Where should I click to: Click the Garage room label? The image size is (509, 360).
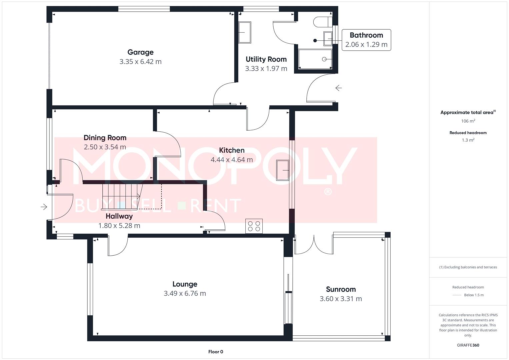coord(140,52)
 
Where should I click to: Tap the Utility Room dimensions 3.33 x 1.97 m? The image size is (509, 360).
coord(266,69)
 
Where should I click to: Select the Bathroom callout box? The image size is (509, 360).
coord(366,40)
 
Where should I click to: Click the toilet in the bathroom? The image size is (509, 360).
coord(321,22)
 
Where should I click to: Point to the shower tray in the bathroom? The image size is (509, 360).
coord(315,59)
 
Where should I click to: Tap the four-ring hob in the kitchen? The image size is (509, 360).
coord(254,226)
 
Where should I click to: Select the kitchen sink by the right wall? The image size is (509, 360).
coord(283,170)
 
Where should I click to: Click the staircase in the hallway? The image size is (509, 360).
coord(122,196)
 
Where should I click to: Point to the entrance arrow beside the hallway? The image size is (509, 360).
coord(44,207)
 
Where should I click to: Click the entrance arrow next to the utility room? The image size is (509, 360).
coord(339,88)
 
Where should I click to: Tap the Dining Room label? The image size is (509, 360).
coord(105,138)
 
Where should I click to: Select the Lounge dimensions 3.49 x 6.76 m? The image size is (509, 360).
coord(185,294)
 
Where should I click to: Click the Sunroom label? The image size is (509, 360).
coord(341,289)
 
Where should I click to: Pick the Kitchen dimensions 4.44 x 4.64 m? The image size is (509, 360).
coord(232,160)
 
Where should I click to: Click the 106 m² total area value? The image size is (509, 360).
coord(468,121)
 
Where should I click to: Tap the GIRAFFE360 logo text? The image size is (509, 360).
coord(468,345)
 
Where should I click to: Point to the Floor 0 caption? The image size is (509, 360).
coord(216,352)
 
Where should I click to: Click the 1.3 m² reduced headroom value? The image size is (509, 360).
coord(468,140)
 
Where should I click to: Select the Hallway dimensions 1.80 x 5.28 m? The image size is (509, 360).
coord(119,226)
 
